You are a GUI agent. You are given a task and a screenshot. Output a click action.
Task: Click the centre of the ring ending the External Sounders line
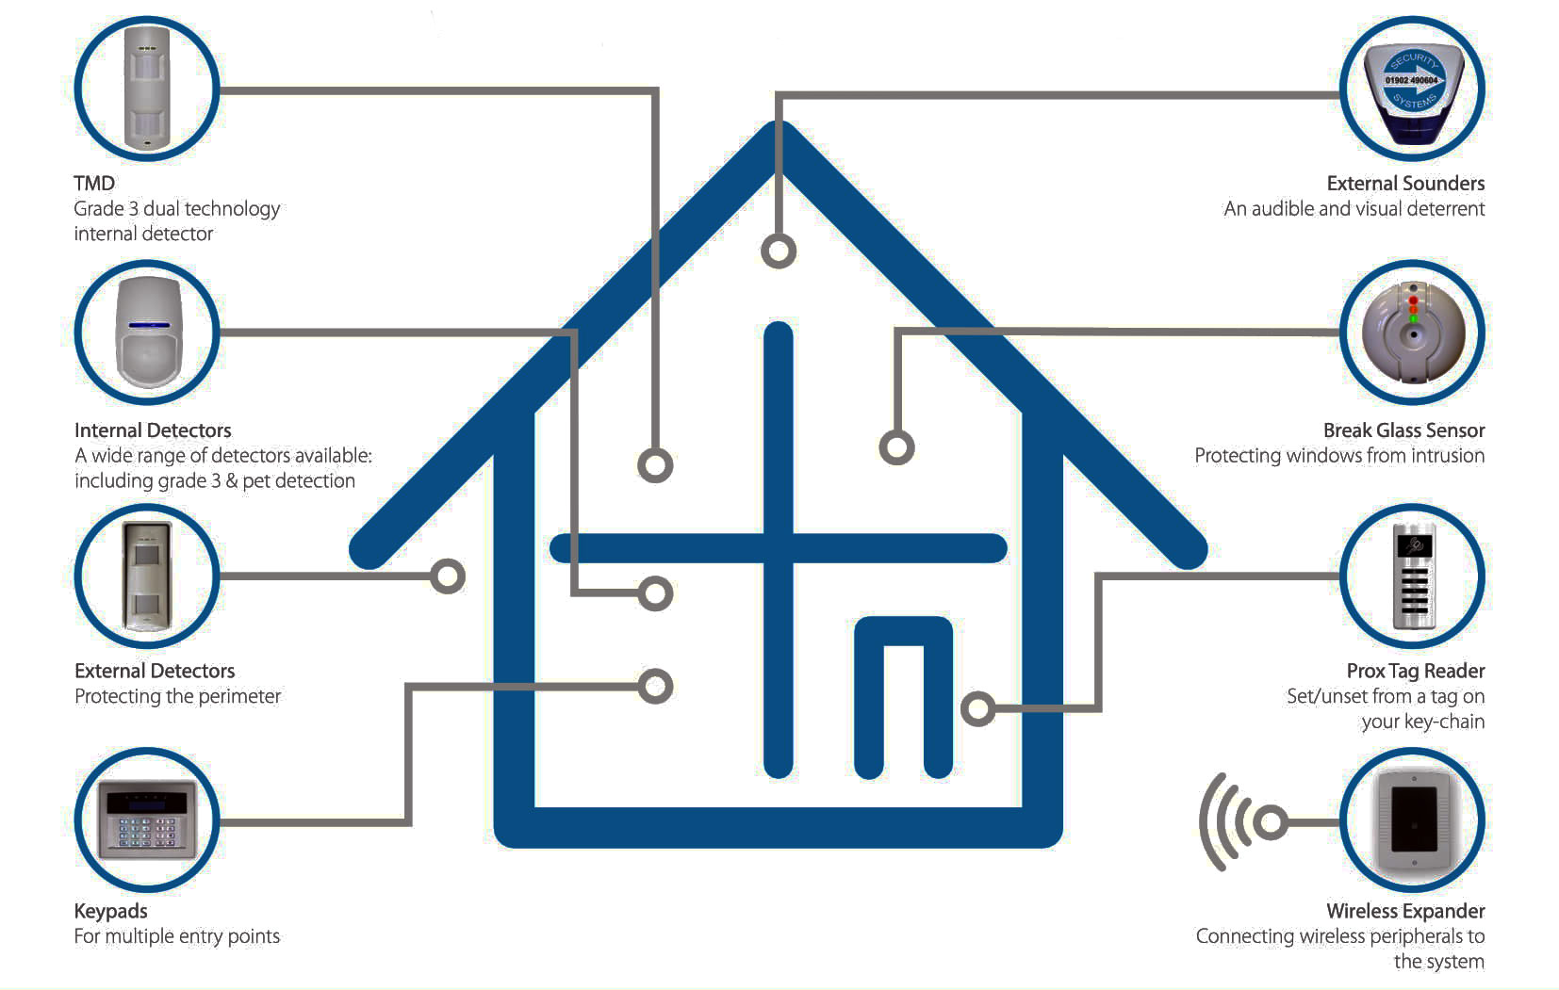pos(779,251)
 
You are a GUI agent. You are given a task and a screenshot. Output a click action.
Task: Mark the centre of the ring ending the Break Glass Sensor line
pos(896,447)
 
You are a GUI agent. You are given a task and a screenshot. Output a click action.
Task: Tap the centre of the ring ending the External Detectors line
pos(448,576)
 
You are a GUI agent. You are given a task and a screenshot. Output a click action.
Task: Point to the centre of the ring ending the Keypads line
pos(655,687)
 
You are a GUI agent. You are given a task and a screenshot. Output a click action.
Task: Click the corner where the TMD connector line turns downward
pos(655,91)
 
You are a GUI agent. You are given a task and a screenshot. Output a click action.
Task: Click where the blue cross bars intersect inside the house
pos(779,548)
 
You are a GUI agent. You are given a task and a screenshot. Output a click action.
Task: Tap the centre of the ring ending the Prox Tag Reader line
pos(977,709)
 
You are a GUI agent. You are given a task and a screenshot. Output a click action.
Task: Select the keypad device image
pos(148,819)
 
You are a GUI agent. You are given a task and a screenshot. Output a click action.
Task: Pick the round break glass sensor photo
pos(1413,333)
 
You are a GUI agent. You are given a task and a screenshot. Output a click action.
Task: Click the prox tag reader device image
pos(1414,576)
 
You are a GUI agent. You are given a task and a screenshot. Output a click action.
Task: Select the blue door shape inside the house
pos(903,697)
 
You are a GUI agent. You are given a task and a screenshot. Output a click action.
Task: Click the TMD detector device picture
pos(147,88)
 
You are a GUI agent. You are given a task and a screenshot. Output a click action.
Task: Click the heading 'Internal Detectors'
pos(153,430)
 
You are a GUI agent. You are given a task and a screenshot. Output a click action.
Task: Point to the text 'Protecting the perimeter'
pos(177,696)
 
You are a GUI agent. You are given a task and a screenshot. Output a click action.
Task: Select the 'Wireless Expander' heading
pos(1405,911)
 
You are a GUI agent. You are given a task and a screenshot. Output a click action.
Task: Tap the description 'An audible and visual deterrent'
pos(1354,209)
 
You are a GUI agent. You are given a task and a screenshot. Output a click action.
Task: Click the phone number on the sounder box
pos(1411,81)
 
